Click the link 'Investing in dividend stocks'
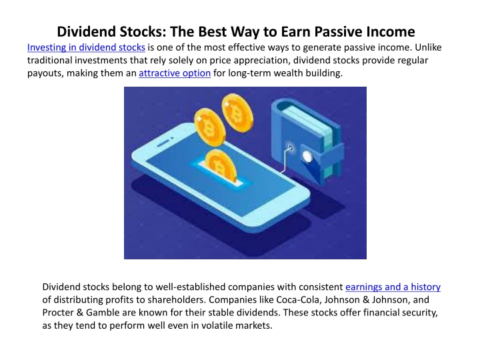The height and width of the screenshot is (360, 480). click(86, 47)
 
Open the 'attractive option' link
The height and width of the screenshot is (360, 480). click(175, 73)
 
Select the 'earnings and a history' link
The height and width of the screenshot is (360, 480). click(393, 287)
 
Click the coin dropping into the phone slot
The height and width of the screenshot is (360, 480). click(220, 166)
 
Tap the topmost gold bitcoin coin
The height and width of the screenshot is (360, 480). click(237, 113)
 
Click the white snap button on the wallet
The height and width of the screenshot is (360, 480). click(307, 157)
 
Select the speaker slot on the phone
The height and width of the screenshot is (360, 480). click(165, 143)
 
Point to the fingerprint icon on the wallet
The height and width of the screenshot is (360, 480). click(290, 148)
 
